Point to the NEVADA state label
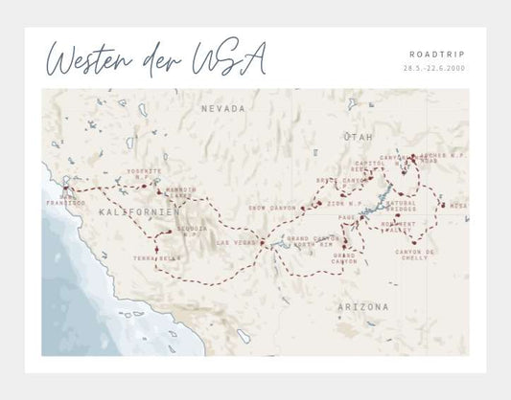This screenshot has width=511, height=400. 222,110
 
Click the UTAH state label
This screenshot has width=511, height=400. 357,138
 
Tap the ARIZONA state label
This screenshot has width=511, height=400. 363,307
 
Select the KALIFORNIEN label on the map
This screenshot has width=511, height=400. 127,211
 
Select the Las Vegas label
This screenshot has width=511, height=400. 238,242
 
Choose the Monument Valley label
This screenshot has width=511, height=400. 399,228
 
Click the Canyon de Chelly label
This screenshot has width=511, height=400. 416,254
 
